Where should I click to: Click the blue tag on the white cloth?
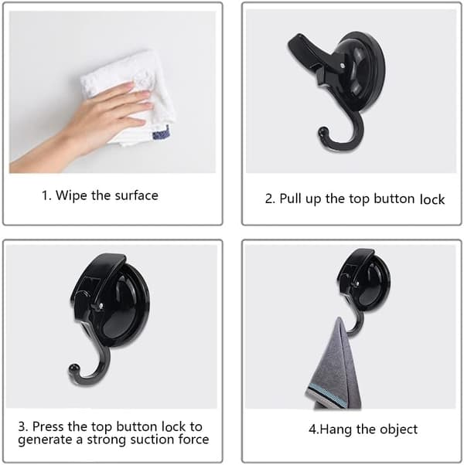(x=162, y=134)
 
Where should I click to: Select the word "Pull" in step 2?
(x=291, y=199)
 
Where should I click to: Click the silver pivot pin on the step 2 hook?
(x=343, y=65)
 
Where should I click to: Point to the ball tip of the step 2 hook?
(x=323, y=132)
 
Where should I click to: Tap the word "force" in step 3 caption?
(x=194, y=440)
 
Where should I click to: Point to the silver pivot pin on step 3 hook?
(x=101, y=305)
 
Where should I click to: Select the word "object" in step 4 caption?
(x=399, y=429)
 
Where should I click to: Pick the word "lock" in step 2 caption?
(x=432, y=199)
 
